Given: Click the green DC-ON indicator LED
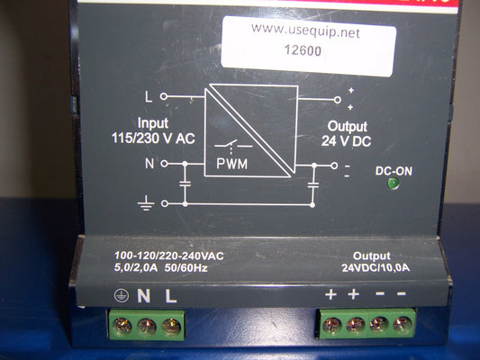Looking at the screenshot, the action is (394, 184).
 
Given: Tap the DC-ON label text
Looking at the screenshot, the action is (394, 171).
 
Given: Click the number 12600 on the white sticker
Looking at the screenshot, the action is (303, 50).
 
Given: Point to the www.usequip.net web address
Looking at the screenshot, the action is (305, 31).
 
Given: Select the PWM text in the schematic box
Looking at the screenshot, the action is (231, 164).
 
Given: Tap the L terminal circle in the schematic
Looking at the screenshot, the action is (164, 96).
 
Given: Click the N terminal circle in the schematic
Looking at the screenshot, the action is (165, 164).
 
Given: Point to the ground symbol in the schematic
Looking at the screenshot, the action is (145, 203).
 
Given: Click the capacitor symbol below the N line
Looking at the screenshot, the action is (185, 184).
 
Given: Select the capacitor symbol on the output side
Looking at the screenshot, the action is (312, 184).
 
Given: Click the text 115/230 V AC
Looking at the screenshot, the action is (153, 139).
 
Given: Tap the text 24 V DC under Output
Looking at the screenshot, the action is (346, 141).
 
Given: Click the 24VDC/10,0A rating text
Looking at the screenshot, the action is (376, 268).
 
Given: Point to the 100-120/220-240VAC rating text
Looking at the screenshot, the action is (169, 256).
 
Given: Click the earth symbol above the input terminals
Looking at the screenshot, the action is (122, 296).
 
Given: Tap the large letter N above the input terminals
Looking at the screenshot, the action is (143, 296).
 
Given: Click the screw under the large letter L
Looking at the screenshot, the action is (171, 326).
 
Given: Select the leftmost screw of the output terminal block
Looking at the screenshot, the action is (331, 324).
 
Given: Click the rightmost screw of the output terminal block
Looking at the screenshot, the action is (402, 323).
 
